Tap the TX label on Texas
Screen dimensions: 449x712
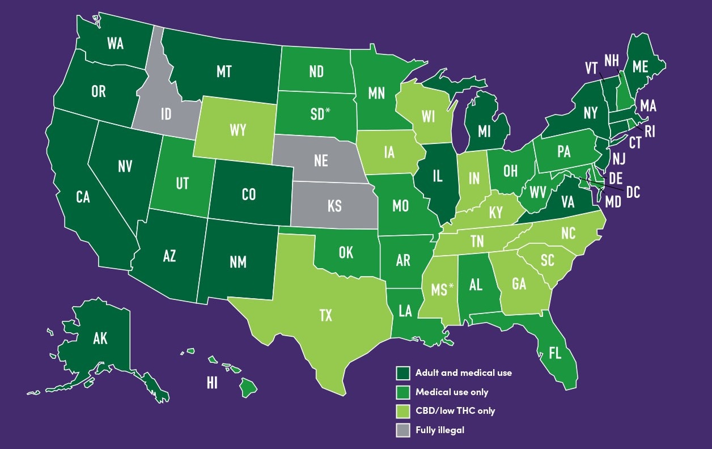(325, 316)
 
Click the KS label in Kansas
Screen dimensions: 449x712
(334, 206)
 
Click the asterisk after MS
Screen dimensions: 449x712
(451, 286)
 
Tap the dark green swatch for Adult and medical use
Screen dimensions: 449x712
(402, 372)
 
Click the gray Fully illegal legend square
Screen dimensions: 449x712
(402, 430)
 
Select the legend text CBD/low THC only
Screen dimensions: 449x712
(455, 411)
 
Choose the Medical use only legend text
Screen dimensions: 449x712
(451, 392)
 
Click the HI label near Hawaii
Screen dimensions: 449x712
(212, 383)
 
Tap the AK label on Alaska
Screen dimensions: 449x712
(100, 339)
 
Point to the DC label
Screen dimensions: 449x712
(633, 193)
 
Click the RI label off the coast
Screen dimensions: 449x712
(650, 132)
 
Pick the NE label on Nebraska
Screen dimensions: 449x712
(321, 161)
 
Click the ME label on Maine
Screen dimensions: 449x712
(640, 66)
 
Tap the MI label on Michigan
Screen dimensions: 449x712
(484, 132)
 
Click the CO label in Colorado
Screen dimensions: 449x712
(248, 194)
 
